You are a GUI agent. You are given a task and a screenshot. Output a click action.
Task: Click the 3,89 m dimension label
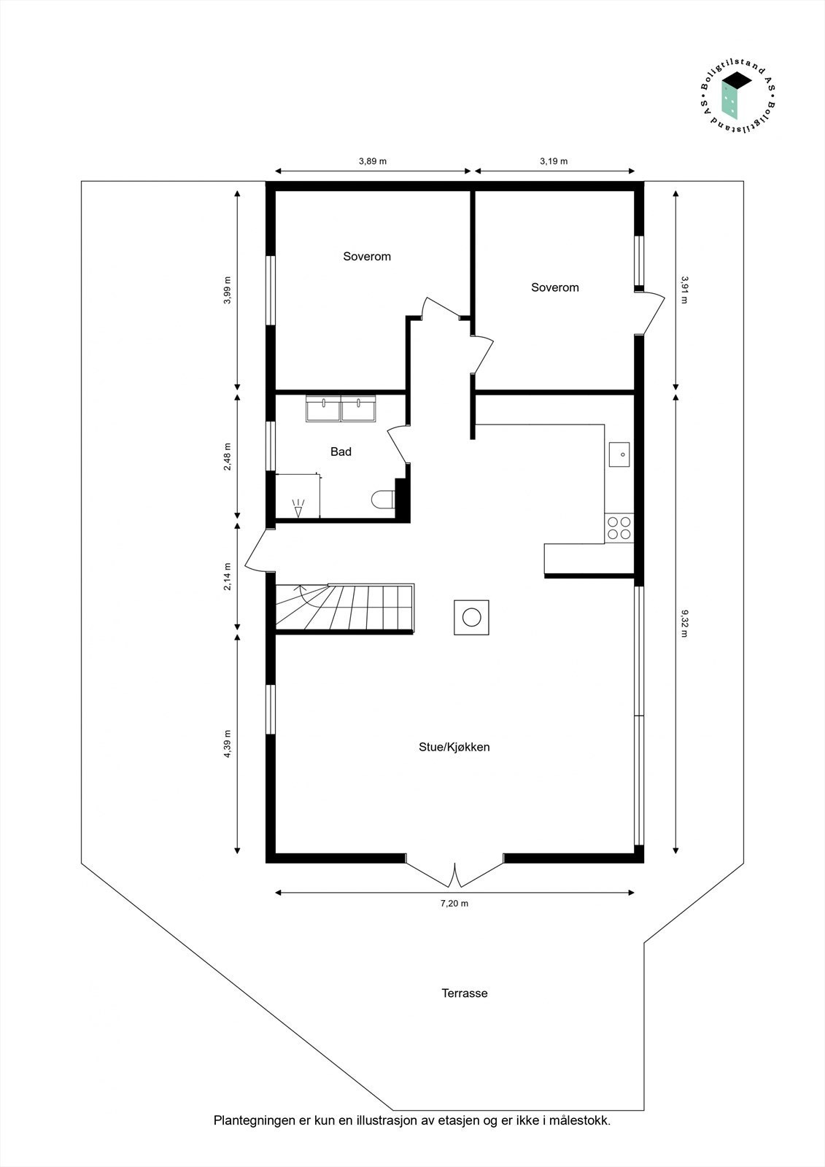click(x=372, y=161)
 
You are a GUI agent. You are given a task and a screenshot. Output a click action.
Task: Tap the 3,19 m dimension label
click(x=554, y=161)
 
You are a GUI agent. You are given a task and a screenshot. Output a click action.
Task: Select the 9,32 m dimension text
click(x=684, y=623)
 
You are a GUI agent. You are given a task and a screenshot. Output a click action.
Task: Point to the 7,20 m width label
click(x=454, y=903)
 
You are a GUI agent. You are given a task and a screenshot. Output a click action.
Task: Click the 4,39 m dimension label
click(x=228, y=744)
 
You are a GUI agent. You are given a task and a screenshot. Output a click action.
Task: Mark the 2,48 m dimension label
click(x=228, y=457)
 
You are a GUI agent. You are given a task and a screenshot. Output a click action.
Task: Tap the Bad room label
click(x=341, y=452)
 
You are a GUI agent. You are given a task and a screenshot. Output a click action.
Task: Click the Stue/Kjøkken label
click(x=454, y=747)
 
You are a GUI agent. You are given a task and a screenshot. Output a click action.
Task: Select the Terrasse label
click(x=464, y=993)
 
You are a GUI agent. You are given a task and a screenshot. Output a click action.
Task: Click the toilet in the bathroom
click(x=382, y=500)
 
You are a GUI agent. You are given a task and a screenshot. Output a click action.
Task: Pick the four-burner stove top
click(x=619, y=528)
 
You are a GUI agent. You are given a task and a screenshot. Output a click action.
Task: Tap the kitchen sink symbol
click(x=620, y=454)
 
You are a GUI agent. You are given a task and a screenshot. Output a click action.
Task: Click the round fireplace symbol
click(x=471, y=618)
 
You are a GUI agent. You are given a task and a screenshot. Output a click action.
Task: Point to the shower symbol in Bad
click(x=298, y=507)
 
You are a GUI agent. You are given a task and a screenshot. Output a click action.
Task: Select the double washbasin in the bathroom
click(x=341, y=408)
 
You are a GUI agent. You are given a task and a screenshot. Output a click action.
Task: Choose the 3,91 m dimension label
click(x=684, y=289)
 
